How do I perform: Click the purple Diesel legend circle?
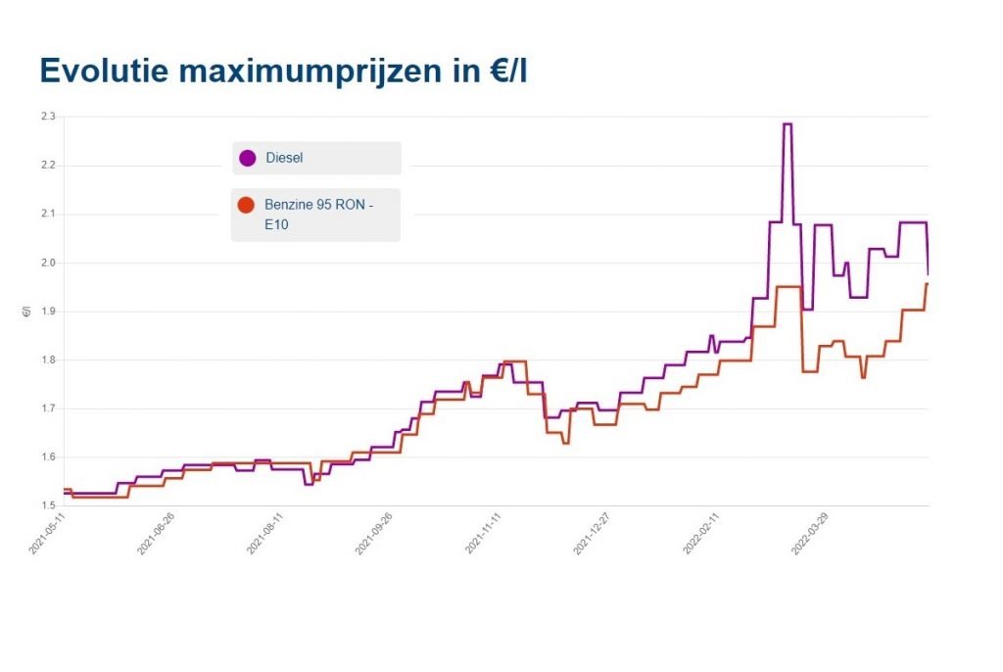pyautogui.click(x=248, y=158)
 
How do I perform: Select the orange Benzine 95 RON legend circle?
pyautogui.click(x=248, y=205)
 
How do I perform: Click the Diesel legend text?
pyautogui.click(x=285, y=158)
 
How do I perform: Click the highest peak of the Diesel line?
pyautogui.click(x=787, y=124)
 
